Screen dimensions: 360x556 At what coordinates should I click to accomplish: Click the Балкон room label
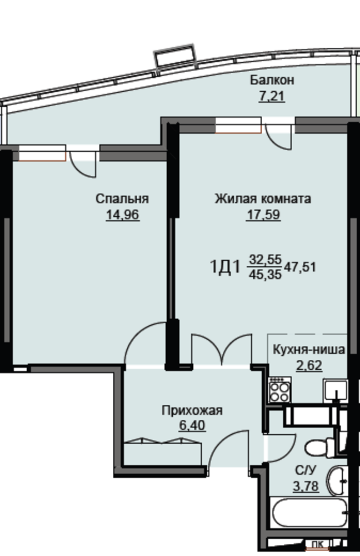pos(272,80)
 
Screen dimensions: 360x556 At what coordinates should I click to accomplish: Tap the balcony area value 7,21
pos(272,96)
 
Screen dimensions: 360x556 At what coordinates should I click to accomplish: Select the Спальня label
pos(122,198)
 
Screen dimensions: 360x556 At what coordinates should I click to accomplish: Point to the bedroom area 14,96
pos(123,215)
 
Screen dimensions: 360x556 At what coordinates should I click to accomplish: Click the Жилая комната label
pos(263,198)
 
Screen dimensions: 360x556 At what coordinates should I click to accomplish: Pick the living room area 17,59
pos(263,215)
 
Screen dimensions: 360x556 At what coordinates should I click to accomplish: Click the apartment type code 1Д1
pos(226,267)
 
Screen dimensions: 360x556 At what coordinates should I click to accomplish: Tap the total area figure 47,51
pos(300,267)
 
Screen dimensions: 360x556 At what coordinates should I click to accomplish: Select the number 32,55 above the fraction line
pos(266,260)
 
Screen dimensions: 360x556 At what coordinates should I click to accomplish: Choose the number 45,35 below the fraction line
pos(266,274)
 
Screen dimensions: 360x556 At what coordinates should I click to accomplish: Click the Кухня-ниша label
pos(309,350)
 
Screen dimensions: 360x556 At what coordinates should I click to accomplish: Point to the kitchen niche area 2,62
pos(309,365)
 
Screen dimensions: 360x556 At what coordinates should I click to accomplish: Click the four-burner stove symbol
pos(279,390)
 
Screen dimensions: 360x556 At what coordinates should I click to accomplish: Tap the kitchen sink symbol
pos(335,391)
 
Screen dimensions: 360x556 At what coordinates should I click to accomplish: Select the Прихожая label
pos(192,411)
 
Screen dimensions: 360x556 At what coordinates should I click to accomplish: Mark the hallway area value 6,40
pos(192,425)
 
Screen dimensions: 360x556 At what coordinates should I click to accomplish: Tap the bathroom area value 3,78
pos(306,485)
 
